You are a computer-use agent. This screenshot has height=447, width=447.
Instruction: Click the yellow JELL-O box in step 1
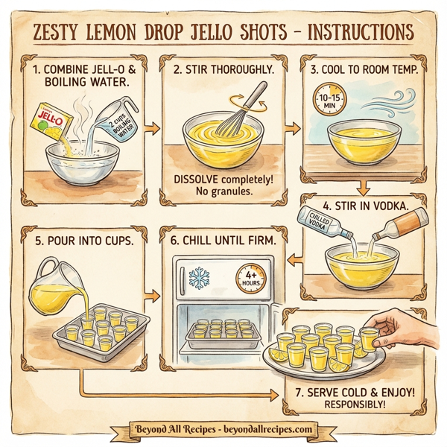coord(48,120)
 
